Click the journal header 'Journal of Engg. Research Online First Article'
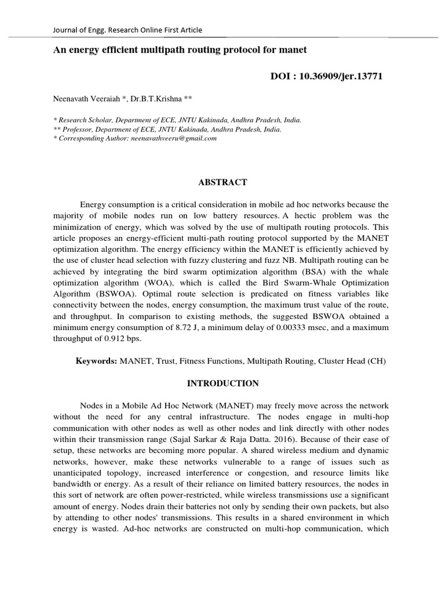[127, 30]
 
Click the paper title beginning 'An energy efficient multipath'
[180, 50]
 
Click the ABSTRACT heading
[222, 182]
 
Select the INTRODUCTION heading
[222, 383]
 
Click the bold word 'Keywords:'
[97, 361]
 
